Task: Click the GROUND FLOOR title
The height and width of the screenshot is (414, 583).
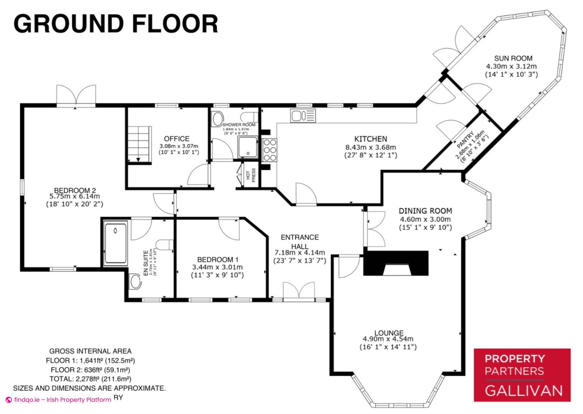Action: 116,24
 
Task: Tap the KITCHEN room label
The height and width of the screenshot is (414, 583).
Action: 370,139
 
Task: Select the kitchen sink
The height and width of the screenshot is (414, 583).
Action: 303,116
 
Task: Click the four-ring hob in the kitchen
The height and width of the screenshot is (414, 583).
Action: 270,150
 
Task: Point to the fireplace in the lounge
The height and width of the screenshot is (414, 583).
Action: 396,263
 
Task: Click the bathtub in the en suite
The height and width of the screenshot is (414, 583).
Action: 115,243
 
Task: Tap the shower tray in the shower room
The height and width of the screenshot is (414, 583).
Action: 248,147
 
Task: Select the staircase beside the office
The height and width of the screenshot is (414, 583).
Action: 139,144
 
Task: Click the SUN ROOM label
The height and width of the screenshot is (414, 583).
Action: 513,58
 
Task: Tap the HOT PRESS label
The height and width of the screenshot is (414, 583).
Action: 251,175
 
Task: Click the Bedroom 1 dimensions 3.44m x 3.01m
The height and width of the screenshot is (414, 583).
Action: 217,267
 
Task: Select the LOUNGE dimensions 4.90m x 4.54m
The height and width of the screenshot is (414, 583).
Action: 388,339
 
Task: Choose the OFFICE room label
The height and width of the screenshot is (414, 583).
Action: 176,139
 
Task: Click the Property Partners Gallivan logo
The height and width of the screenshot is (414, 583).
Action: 522,375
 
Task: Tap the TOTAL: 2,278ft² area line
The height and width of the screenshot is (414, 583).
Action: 90,379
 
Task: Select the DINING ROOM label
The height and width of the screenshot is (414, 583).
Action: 425,211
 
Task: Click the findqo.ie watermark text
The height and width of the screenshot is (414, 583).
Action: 63,400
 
